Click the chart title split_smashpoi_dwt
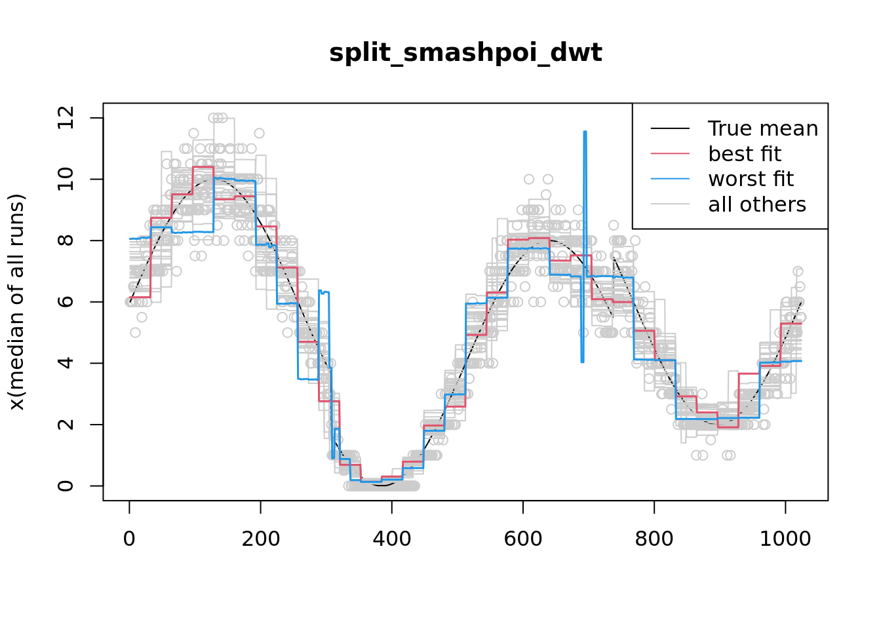pyautogui.click(x=465, y=53)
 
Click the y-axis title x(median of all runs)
pyautogui.click(x=18, y=301)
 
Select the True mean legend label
pyautogui.click(x=763, y=128)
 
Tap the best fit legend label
pyautogui.click(x=745, y=154)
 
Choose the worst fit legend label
pyautogui.click(x=751, y=179)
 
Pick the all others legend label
pyautogui.click(x=757, y=204)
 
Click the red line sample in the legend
pyautogui.click(x=670, y=154)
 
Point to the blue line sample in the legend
pyautogui.click(x=670, y=179)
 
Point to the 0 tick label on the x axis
pyautogui.click(x=129, y=539)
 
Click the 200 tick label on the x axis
pyautogui.click(x=261, y=539)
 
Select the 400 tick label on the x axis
pyautogui.click(x=392, y=539)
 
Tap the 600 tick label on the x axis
pyautogui.click(x=523, y=539)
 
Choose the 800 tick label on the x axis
pyautogui.click(x=654, y=539)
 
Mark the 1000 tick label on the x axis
pyautogui.click(x=785, y=539)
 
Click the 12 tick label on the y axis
pyautogui.click(x=66, y=118)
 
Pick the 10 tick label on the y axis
pyautogui.click(x=66, y=179)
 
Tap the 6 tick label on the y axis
pyautogui.click(x=66, y=302)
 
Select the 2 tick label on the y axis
pyautogui.click(x=66, y=425)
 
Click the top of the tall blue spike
pyautogui.click(x=584, y=132)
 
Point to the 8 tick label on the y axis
pyautogui.click(x=66, y=240)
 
